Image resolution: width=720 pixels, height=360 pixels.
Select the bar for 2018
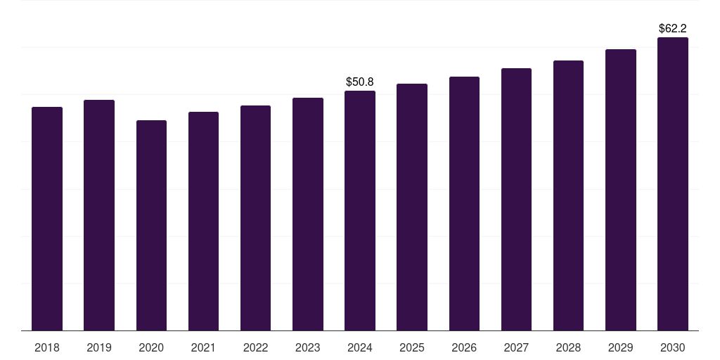click(x=47, y=219)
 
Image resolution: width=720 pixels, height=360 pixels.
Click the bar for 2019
click(x=99, y=215)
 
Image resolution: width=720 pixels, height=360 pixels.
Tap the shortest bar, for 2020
click(x=152, y=226)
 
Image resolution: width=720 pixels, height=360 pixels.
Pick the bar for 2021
click(x=203, y=221)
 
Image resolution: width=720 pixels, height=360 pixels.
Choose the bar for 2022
click(x=255, y=218)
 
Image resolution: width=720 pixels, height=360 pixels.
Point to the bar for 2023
click(x=308, y=214)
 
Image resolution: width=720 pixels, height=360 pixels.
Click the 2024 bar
click(x=360, y=211)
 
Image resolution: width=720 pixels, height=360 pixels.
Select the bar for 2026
click(x=464, y=203)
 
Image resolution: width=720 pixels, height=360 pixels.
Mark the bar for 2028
click(x=568, y=195)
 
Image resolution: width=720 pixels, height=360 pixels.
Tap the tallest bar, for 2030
click(x=673, y=184)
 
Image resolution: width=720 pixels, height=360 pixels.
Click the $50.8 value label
click(x=360, y=82)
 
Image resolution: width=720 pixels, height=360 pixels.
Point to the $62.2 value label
click(x=673, y=28)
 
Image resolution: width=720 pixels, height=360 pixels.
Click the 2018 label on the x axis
click(x=47, y=347)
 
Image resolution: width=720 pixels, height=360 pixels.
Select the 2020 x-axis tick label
click(x=152, y=347)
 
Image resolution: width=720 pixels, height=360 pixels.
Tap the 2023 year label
click(x=308, y=347)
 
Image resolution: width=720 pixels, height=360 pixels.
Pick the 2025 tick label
click(x=412, y=347)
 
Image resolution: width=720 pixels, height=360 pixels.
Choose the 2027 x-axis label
click(x=516, y=347)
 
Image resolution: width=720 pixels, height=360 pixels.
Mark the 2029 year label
click(x=621, y=347)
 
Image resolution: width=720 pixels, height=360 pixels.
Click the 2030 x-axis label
click(x=673, y=347)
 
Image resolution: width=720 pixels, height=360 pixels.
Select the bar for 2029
click(x=621, y=190)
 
